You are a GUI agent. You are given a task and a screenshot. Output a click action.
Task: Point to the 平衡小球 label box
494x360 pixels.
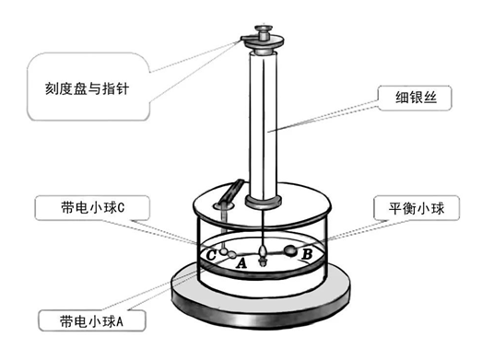411,208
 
